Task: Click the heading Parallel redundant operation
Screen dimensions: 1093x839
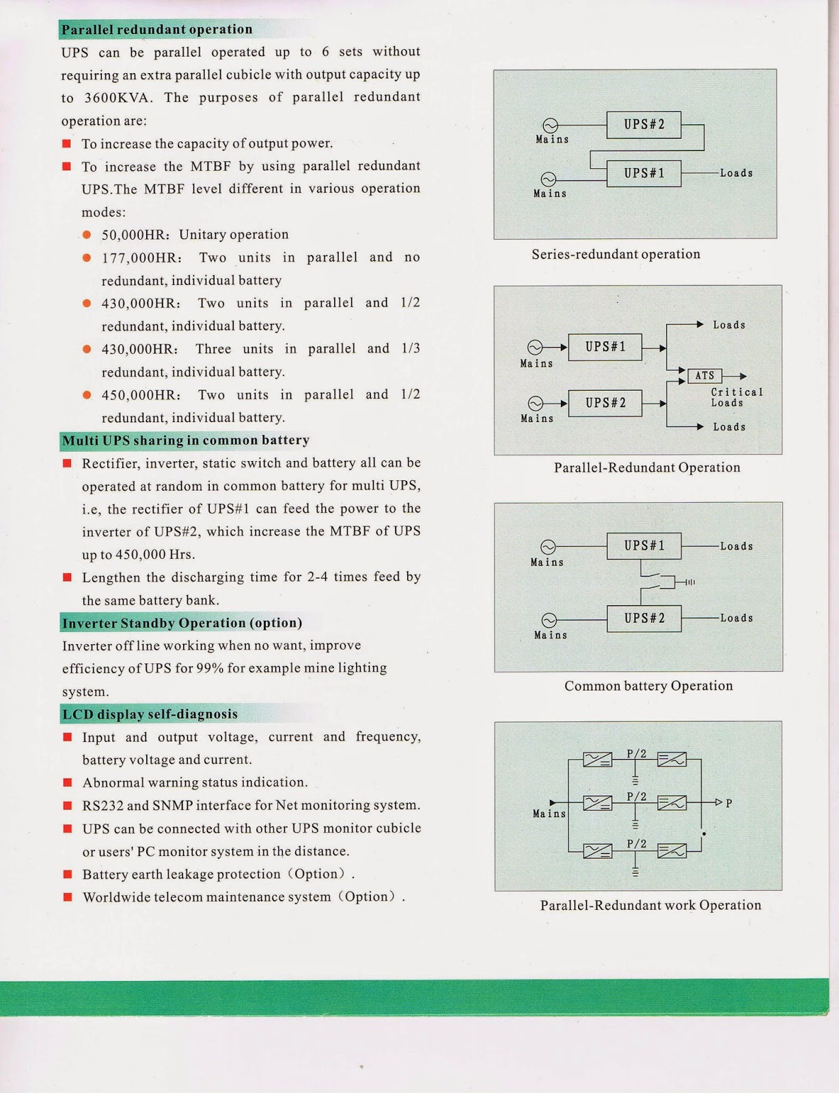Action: (156, 29)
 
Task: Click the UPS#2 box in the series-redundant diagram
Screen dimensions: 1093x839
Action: (644, 124)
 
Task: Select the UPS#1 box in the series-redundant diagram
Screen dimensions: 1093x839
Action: (644, 173)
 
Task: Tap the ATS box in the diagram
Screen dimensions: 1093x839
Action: (704, 376)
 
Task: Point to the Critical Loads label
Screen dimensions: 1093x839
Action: (736, 397)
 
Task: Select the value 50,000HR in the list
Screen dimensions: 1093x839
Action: (135, 235)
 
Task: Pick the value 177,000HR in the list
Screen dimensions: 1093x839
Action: (141, 258)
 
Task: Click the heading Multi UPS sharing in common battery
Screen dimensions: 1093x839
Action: (185, 441)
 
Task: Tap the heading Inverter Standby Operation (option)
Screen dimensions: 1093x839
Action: (182, 623)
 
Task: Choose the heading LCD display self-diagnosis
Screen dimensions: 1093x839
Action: (150, 715)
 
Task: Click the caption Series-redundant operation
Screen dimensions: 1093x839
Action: (616, 254)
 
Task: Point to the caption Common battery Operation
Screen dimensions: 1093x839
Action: (648, 686)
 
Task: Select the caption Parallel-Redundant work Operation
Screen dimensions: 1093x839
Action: (650, 905)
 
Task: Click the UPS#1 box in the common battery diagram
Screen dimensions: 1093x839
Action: (644, 546)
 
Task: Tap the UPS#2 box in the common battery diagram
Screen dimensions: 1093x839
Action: (644, 618)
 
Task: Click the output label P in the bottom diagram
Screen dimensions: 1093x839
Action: (729, 803)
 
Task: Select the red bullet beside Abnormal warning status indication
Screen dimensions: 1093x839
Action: (68, 782)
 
